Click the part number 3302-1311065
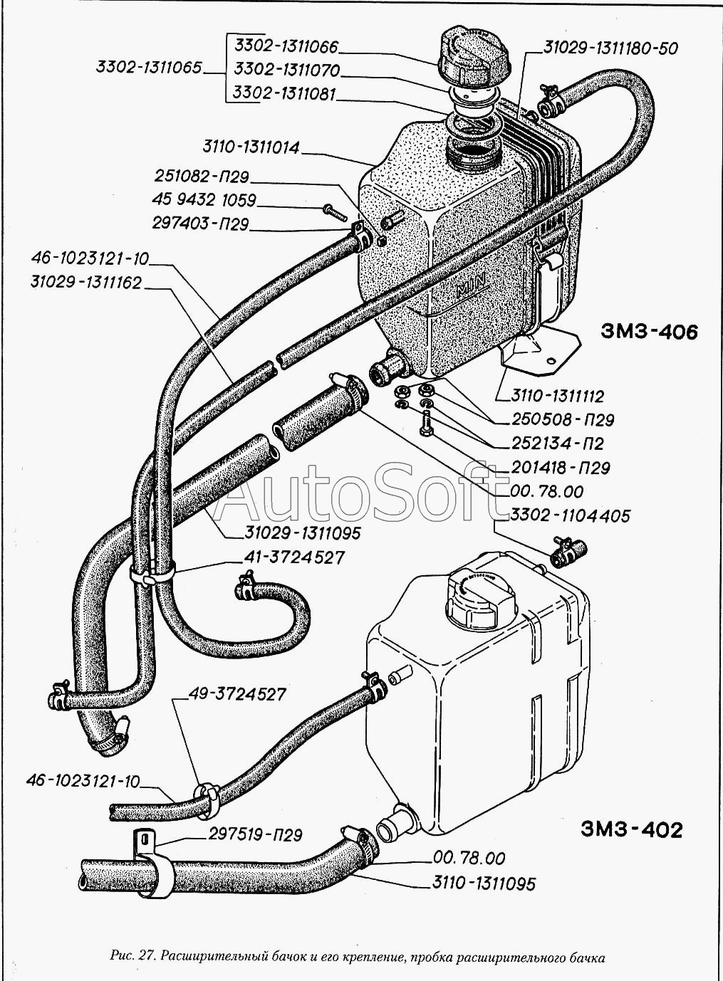[148, 68]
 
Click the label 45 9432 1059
[204, 200]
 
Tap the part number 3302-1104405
[571, 515]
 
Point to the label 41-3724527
[293, 557]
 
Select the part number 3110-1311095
[484, 884]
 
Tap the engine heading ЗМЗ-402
[631, 830]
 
